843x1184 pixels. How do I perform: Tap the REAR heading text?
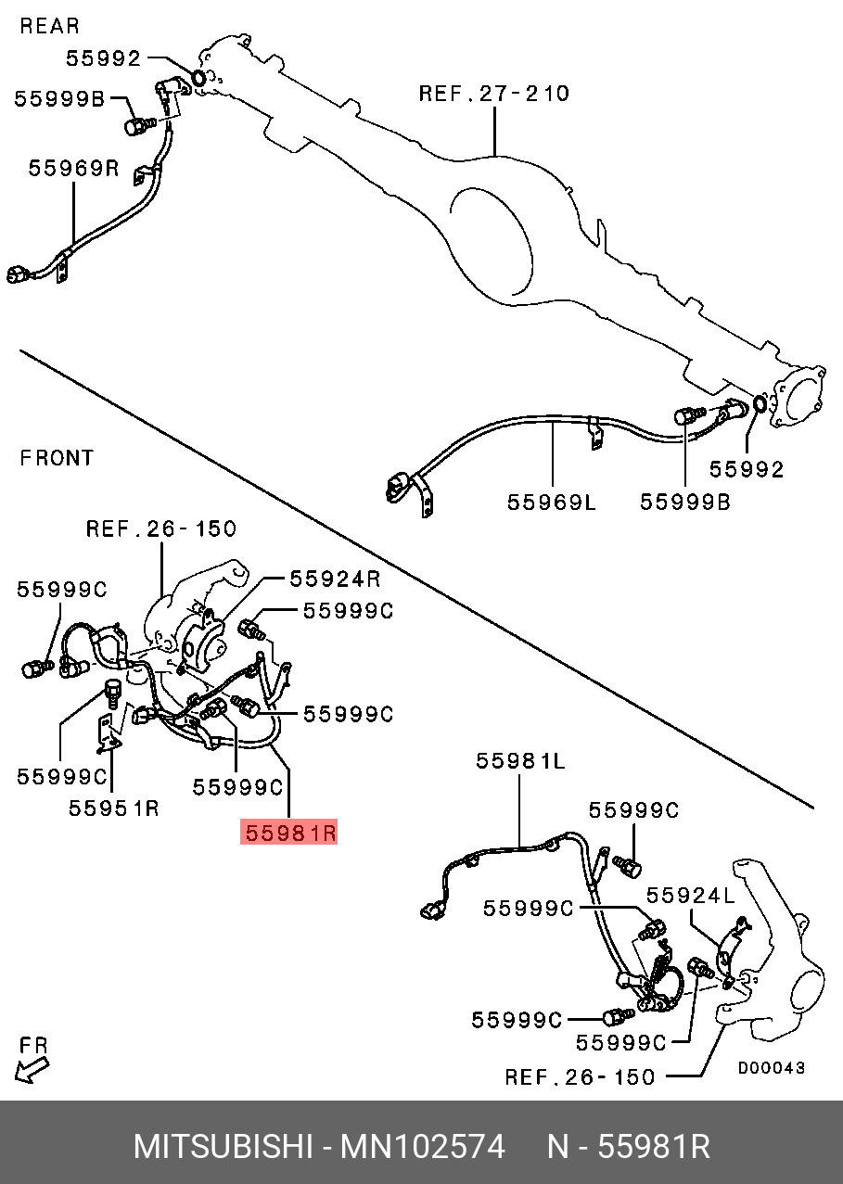50,26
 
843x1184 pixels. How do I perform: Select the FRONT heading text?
57,458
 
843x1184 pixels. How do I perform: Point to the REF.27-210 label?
494,94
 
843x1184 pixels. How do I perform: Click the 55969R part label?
73,169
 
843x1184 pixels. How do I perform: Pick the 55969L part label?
552,503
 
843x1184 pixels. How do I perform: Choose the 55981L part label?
520,761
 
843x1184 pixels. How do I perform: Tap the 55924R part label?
336,579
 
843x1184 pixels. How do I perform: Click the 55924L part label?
691,896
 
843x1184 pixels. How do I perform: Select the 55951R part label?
114,808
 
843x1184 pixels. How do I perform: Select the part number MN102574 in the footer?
423,1147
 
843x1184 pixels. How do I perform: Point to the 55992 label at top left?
104,58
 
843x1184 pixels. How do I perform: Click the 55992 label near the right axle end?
747,469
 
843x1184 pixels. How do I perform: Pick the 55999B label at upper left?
59,99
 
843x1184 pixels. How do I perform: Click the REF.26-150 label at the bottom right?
581,1076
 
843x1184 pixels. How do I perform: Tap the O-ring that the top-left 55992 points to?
199,78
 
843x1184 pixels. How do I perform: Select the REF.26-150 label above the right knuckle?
160,528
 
